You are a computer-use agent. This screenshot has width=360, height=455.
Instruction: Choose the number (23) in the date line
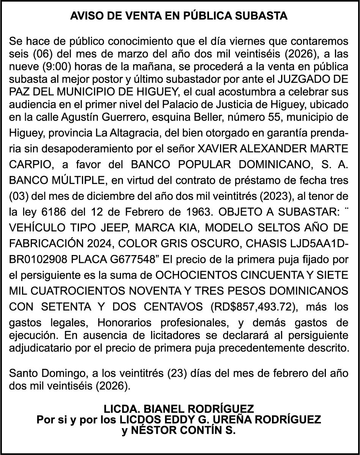(x=175, y=373)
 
